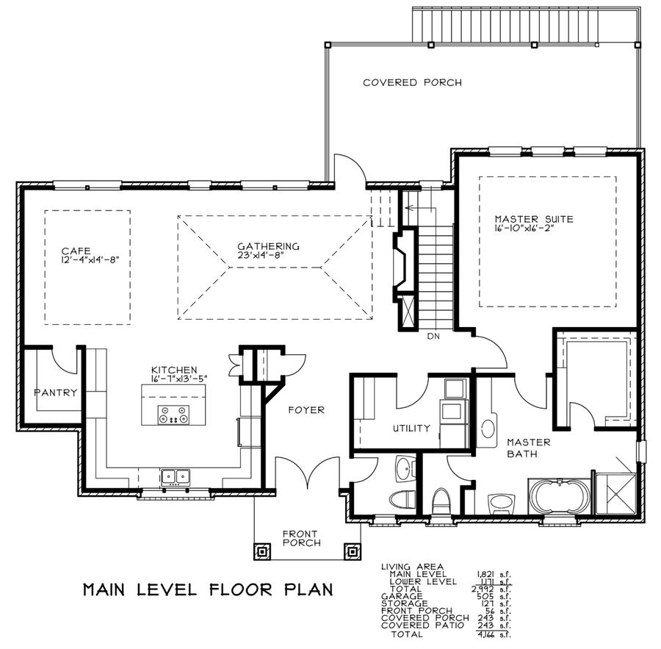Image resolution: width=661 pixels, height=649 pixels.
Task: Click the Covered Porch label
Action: (412, 82)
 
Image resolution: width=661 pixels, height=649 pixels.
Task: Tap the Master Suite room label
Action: (534, 219)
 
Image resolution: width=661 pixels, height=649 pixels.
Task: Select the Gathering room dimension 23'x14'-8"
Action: (261, 255)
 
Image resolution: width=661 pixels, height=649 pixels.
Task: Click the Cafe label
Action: (76, 251)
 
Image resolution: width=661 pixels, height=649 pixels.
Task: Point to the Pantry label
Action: (56, 393)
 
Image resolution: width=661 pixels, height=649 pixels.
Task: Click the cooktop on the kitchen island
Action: (173, 415)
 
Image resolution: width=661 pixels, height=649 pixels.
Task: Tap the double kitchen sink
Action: (175, 477)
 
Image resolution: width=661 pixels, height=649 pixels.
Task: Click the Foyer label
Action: (306, 409)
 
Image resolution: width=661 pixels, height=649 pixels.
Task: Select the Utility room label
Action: (411, 429)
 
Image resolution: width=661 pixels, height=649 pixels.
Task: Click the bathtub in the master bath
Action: (559, 497)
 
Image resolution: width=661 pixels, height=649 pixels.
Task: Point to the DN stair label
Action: (433, 337)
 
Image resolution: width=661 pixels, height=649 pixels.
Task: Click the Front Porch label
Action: (301, 539)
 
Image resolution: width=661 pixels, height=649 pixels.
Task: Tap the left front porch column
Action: (261, 551)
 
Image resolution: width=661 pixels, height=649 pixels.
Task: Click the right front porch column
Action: (352, 551)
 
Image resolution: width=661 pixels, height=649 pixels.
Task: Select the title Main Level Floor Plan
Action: (208, 589)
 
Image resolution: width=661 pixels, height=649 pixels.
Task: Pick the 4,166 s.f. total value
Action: (494, 634)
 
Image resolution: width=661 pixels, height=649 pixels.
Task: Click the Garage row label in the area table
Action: (402, 596)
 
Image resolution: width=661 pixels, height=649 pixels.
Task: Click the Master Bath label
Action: (529, 448)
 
